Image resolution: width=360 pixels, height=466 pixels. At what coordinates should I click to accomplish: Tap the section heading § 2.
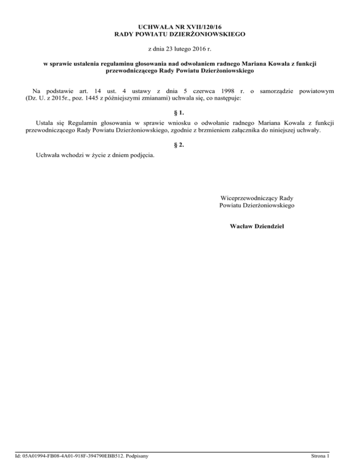click(180, 145)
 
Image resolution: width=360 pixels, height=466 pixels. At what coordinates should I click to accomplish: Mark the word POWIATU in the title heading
click(149, 35)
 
